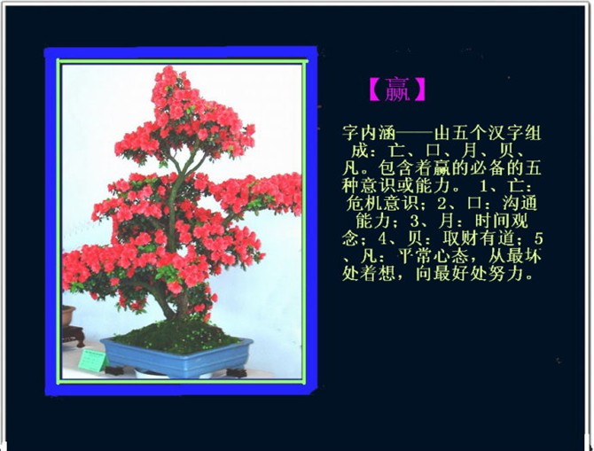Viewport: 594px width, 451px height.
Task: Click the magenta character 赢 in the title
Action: click(x=397, y=89)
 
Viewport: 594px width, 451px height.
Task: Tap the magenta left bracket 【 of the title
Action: click(x=376, y=89)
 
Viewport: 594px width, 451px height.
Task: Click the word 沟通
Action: click(x=520, y=204)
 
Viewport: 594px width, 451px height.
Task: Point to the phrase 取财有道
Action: click(x=479, y=238)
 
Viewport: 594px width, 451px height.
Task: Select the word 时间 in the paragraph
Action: click(x=492, y=222)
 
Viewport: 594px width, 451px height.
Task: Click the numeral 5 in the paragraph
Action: click(x=539, y=239)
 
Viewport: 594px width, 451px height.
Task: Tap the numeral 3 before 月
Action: click(x=409, y=222)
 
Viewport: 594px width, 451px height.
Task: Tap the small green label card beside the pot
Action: click(x=92, y=361)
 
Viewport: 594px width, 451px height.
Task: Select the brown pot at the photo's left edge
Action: click(x=68, y=315)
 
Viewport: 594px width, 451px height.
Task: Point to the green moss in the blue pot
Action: click(x=175, y=336)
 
